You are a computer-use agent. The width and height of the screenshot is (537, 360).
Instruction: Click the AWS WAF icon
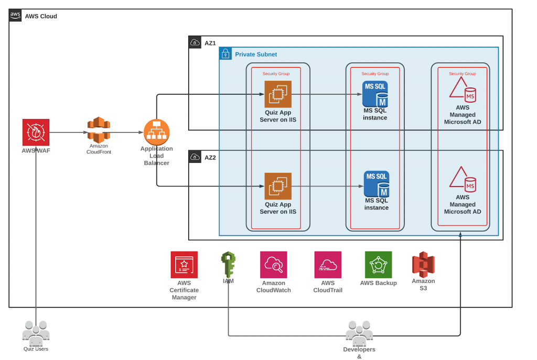pyautogui.click(x=36, y=132)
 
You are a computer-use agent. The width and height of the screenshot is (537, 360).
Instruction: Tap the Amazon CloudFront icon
pyautogui.click(x=99, y=129)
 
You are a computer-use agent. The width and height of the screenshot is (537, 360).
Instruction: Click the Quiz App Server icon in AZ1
pyautogui.click(x=278, y=94)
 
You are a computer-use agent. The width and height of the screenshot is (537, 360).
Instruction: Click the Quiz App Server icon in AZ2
pyautogui.click(x=278, y=186)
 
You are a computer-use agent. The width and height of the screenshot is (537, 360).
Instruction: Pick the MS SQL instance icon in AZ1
pyautogui.click(x=375, y=94)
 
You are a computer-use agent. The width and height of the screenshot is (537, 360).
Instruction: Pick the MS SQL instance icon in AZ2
pyautogui.click(x=377, y=184)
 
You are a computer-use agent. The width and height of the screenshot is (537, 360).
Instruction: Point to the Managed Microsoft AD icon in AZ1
pyautogui.click(x=462, y=89)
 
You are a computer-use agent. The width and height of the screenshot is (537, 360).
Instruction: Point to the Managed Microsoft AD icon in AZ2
pyautogui.click(x=462, y=179)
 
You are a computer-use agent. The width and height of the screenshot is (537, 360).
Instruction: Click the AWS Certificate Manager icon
pyautogui.click(x=184, y=265)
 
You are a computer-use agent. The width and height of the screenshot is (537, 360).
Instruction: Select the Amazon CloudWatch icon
pyautogui.click(x=274, y=265)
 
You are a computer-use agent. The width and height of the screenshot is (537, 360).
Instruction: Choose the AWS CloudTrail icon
pyautogui.click(x=328, y=265)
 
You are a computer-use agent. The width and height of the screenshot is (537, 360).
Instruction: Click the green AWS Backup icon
pyautogui.click(x=379, y=265)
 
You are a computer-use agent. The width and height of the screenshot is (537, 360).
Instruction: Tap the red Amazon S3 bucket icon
pyautogui.click(x=423, y=264)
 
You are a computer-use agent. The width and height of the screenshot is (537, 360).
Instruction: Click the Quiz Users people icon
pyautogui.click(x=36, y=333)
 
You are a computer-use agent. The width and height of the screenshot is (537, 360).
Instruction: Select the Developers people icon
pyautogui.click(x=359, y=333)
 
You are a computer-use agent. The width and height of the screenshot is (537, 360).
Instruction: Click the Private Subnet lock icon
pyautogui.click(x=225, y=53)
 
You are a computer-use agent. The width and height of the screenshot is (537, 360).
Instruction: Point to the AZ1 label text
pyautogui.click(x=210, y=43)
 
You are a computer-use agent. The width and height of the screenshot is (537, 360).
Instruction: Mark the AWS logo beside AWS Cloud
pyautogui.click(x=16, y=16)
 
